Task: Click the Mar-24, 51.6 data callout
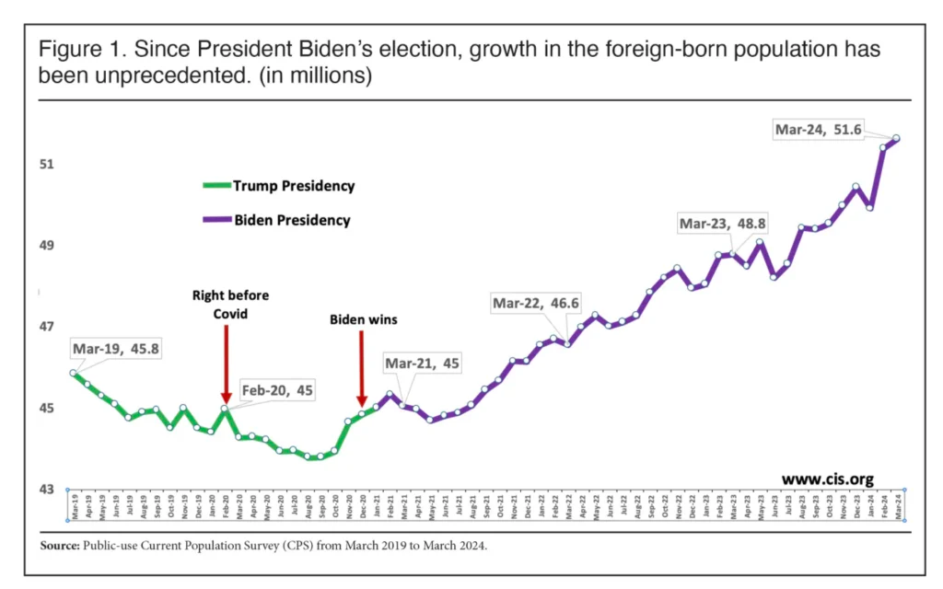pos(818,130)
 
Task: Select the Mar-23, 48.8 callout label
pos(722,223)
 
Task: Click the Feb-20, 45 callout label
pos(277,390)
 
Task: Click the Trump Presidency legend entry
pos(293,186)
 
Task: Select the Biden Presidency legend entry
pos(291,221)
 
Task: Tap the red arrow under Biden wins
pos(361,369)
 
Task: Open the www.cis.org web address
pos(827,479)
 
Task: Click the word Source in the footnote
pos(60,546)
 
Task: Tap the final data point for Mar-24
pos(896,139)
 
